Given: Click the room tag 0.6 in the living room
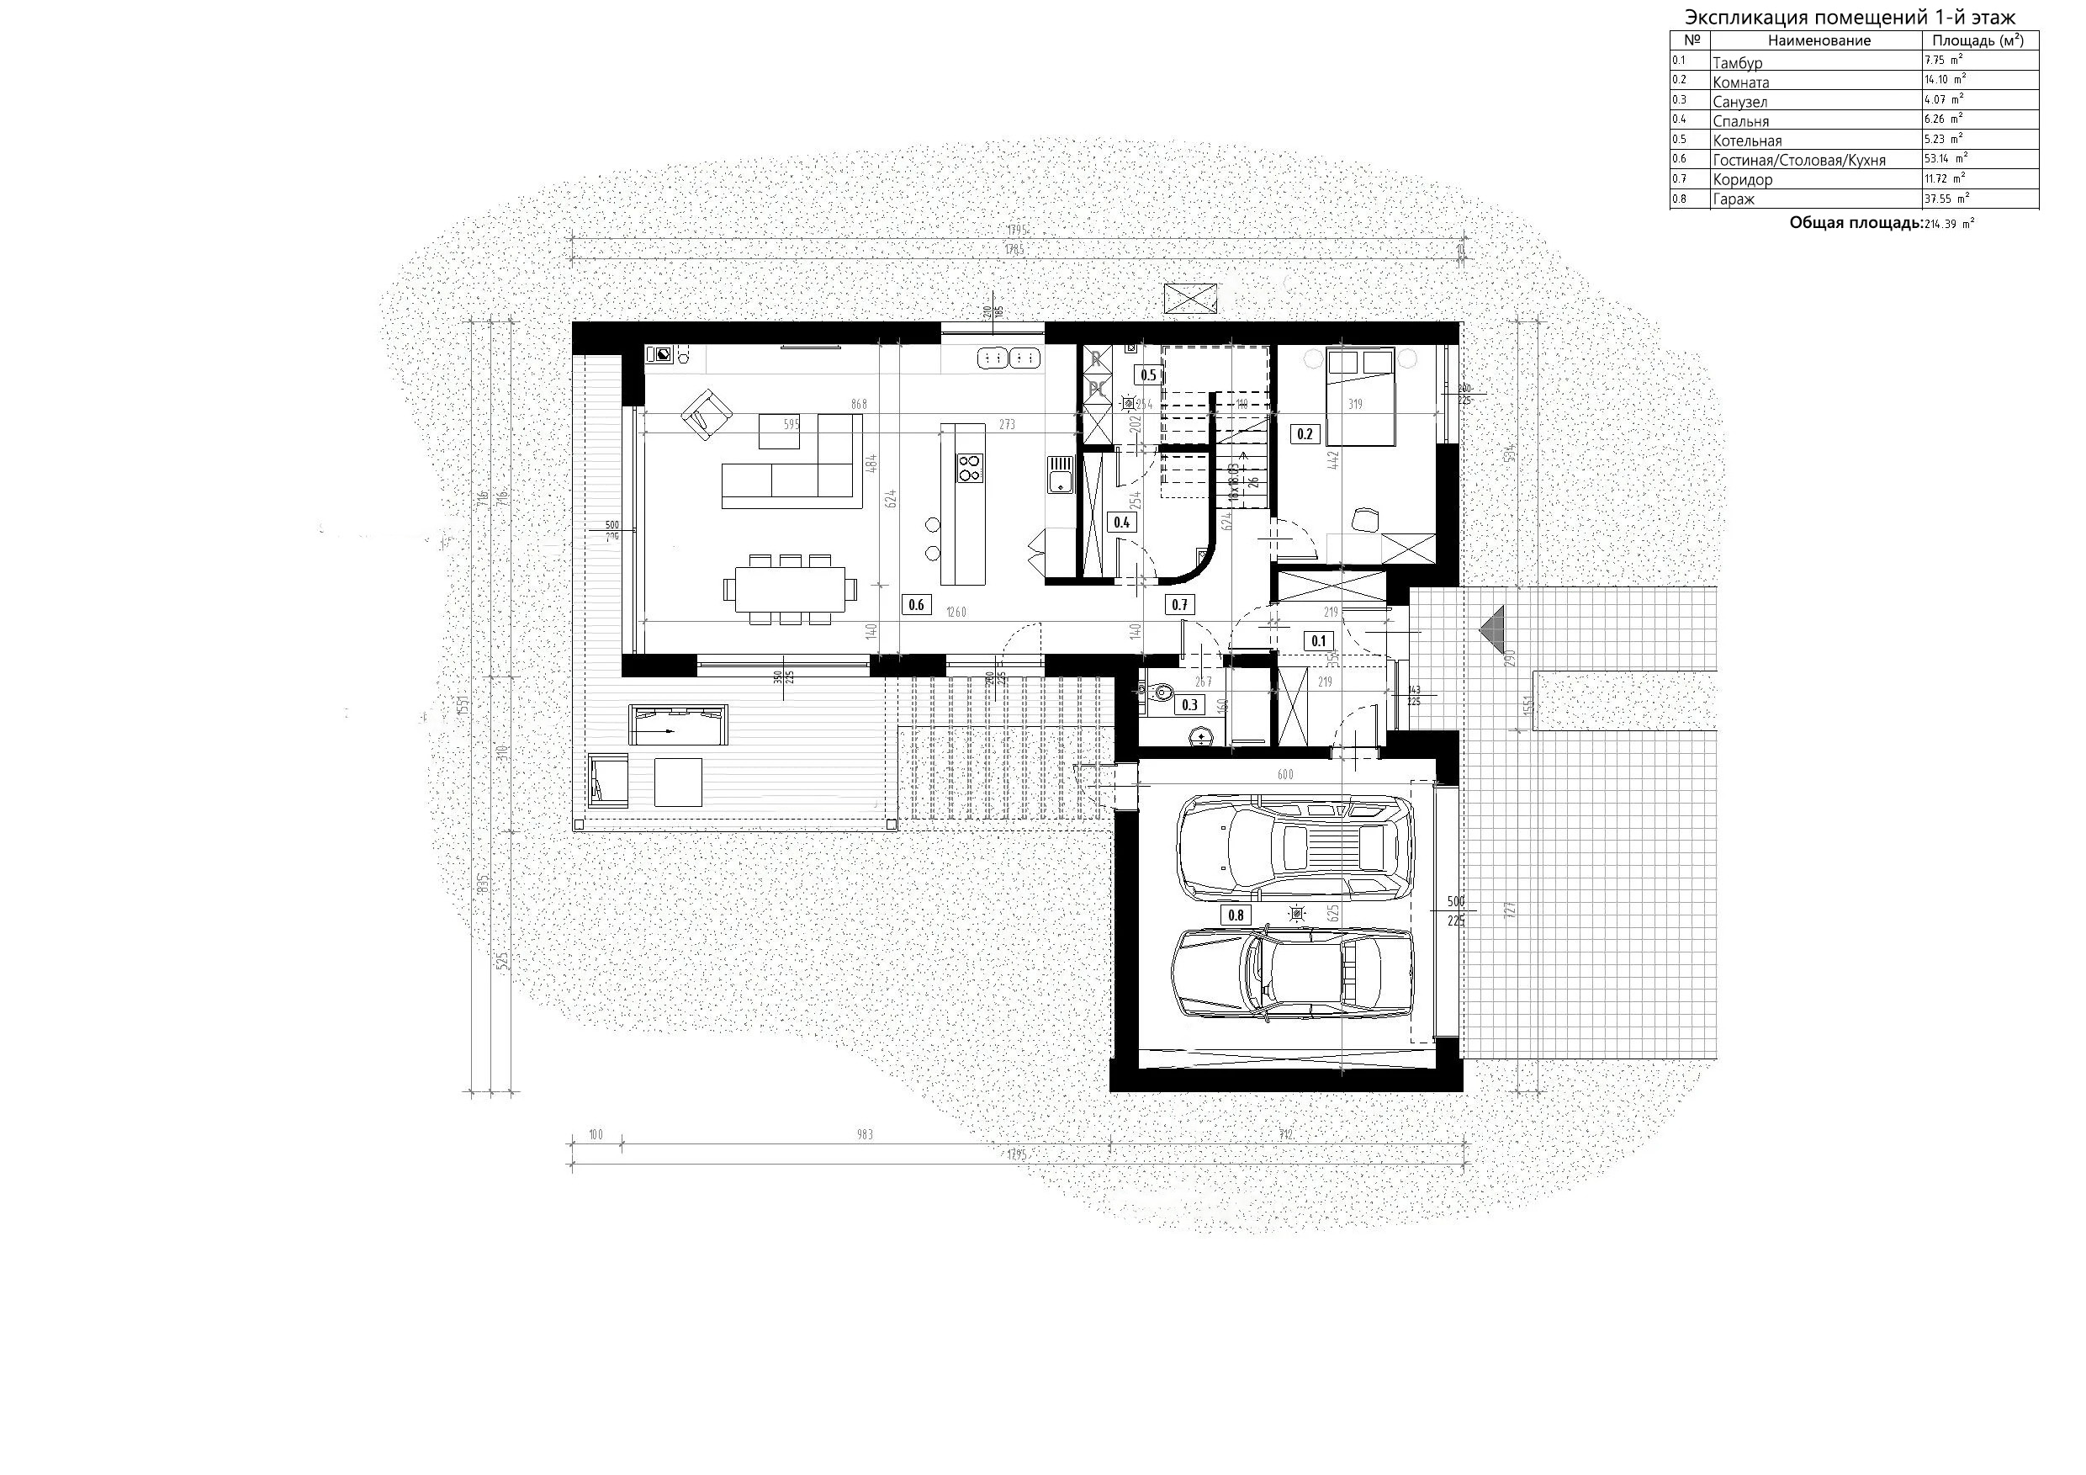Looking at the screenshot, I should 916,604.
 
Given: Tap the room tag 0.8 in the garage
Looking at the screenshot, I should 1236,915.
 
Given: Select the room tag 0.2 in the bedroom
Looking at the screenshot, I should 1305,434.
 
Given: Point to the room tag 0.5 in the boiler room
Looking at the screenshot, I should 1148,374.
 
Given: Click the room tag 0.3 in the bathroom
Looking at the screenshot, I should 1189,704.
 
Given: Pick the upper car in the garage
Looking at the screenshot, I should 1294,846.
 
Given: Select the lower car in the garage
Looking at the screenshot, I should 1292,973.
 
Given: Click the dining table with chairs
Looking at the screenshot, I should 790,590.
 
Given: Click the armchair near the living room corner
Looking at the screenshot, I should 707,415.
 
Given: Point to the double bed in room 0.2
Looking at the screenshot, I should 1359,398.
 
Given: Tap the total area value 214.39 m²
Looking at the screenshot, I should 1949,223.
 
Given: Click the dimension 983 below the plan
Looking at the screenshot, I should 864,1134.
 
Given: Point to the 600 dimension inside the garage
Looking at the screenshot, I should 1284,774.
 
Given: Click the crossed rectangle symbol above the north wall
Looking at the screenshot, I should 1192,297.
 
